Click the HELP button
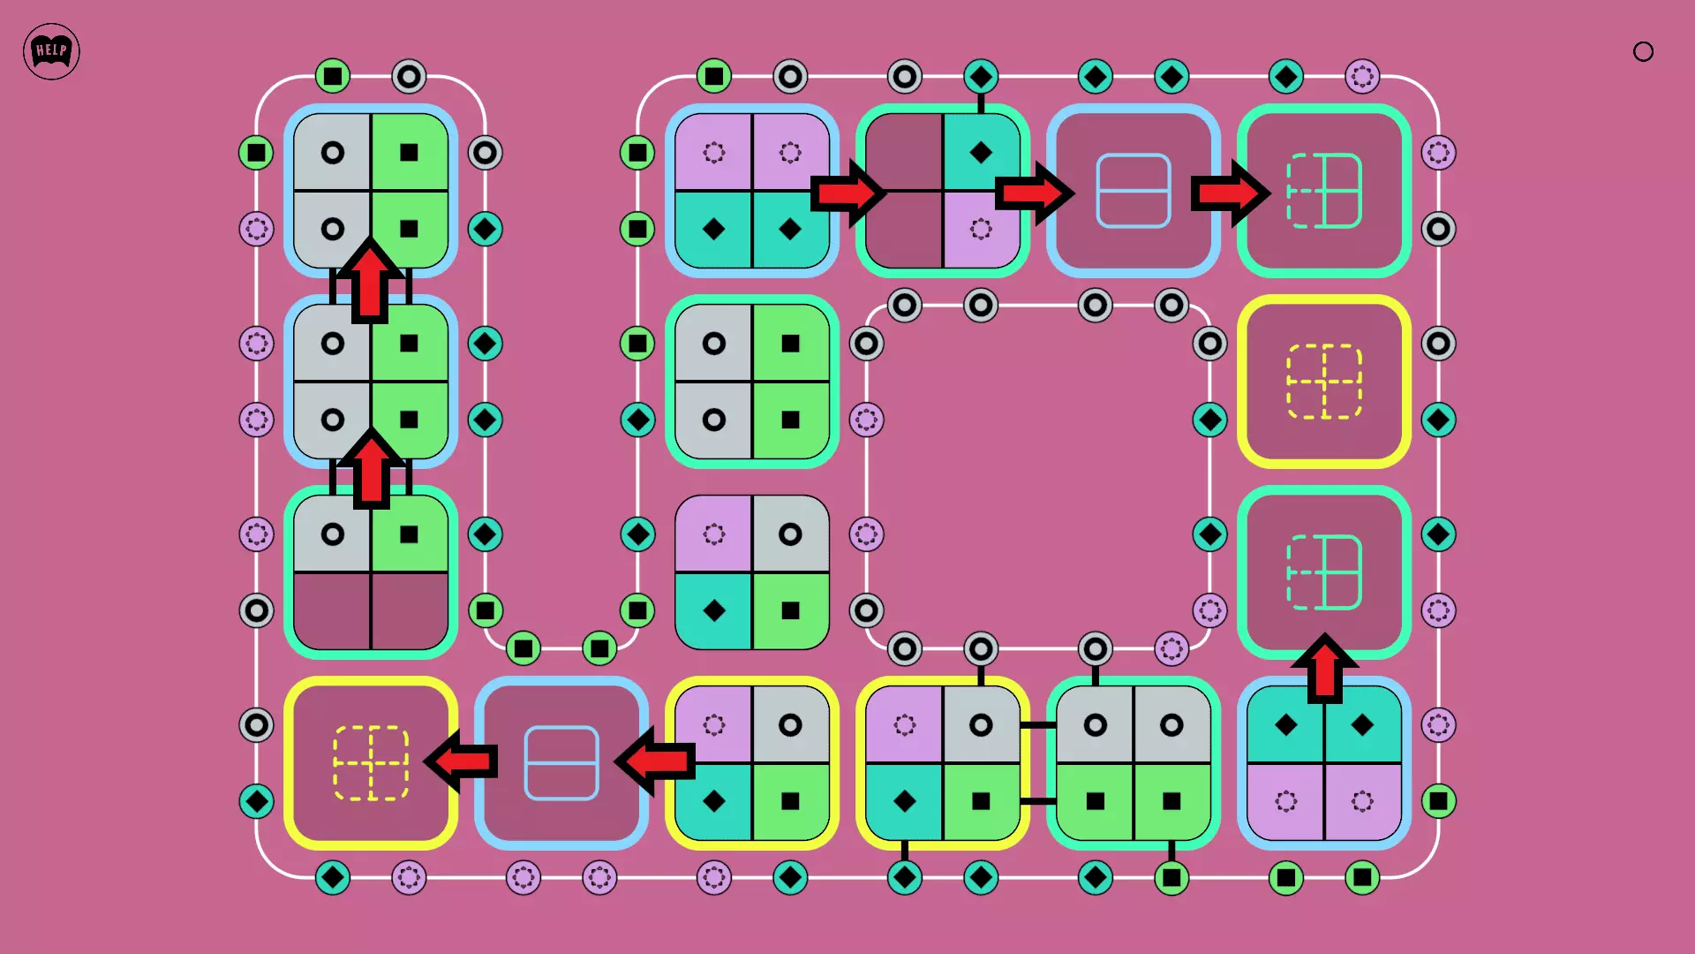51,51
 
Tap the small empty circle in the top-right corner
1643,52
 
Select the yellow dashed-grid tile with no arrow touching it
1323,382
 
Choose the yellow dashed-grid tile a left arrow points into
371,763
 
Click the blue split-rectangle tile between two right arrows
1133,191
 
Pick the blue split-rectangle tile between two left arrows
561,763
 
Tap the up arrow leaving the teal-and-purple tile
1324,669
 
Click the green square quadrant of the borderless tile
790,610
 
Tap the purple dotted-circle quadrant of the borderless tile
714,534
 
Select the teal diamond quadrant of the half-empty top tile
980,153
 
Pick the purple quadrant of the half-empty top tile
980,229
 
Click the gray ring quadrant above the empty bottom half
333,534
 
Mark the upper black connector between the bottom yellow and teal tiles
1038,725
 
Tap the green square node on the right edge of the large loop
1438,801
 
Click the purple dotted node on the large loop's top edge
1361,77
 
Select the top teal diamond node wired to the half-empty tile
980,77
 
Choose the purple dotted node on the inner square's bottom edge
1171,649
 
